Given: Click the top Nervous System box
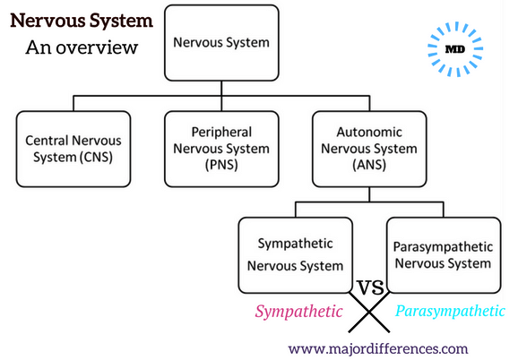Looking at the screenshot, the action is coord(221,43).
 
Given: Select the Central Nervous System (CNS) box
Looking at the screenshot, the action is coord(73,150).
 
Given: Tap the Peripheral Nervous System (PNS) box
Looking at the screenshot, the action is coord(221,150).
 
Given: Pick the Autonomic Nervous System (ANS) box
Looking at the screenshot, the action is coord(369,150).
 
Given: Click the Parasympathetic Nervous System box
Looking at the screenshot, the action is coord(444,255).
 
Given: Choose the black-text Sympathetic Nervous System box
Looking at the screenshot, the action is coord(296,255).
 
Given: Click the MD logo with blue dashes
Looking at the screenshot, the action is coord(455,49).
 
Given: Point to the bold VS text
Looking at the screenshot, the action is coord(370,287).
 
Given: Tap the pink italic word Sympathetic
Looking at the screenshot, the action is coord(298,312).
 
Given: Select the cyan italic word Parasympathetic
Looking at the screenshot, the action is coord(450,311).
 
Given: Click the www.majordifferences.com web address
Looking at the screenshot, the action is coord(378,348).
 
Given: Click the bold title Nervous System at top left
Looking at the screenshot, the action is coord(82,21).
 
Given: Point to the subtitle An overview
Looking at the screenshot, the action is coord(82,47).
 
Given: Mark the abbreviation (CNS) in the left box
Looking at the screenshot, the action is coord(97,157).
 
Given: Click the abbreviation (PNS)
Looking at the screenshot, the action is coord(221,165).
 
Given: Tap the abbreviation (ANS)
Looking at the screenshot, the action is coord(369,165).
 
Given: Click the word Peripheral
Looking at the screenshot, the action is coord(221,133).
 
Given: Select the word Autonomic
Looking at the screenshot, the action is coord(369,133).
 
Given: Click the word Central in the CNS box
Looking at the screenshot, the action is coord(47,141).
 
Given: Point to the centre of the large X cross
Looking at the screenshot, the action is coord(369,312).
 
